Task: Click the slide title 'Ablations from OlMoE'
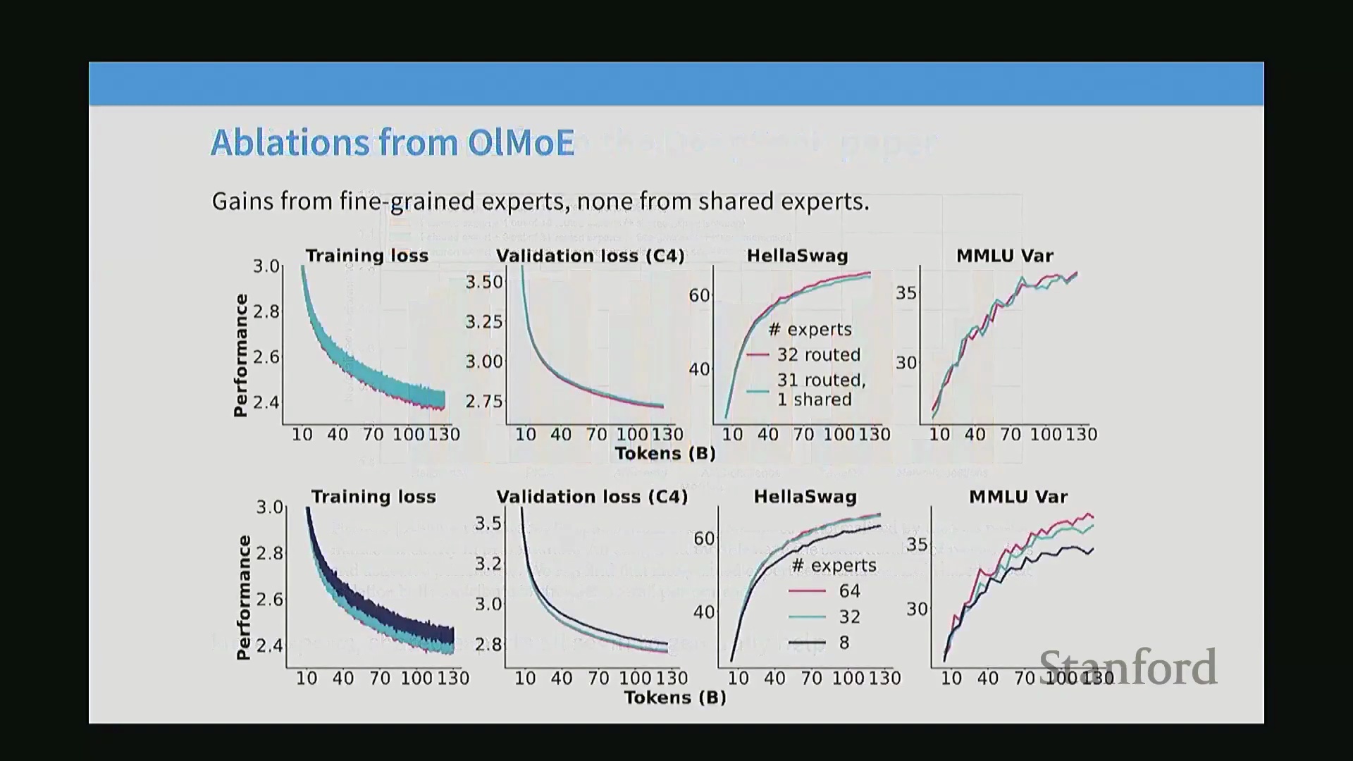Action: pyautogui.click(x=393, y=142)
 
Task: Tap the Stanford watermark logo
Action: pyautogui.click(x=1128, y=667)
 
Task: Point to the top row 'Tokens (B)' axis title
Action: pyautogui.click(x=665, y=454)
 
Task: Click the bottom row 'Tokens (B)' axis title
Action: pyautogui.click(x=674, y=698)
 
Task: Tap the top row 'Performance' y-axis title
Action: pyautogui.click(x=241, y=356)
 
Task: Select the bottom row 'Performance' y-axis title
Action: pyautogui.click(x=244, y=598)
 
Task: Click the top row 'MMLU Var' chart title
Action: pyautogui.click(x=1004, y=256)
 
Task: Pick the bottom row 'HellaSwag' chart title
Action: pyautogui.click(x=805, y=497)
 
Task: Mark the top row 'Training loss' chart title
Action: pyautogui.click(x=366, y=256)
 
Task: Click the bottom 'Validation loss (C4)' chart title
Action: pyautogui.click(x=591, y=497)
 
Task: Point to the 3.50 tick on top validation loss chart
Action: pyautogui.click(x=484, y=283)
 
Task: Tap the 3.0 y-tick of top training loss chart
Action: pyautogui.click(x=266, y=266)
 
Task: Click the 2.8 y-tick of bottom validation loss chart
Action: pyautogui.click(x=488, y=645)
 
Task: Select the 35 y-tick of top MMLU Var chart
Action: pyautogui.click(x=906, y=293)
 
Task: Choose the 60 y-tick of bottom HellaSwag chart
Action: pyautogui.click(x=704, y=539)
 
